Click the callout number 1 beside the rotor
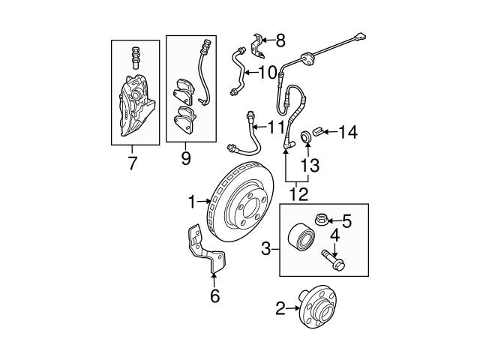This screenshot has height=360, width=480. point(192,201)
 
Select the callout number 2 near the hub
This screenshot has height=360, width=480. point(280,307)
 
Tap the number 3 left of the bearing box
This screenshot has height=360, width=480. point(266,247)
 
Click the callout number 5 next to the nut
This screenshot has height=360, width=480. point(346,220)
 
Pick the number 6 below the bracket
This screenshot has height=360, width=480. point(214,296)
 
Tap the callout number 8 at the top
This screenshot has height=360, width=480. point(280,40)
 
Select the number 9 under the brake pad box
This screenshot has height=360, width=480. point(185,158)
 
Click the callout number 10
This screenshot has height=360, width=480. point(268,73)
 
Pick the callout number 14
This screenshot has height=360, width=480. point(347,133)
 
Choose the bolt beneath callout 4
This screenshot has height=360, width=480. point(331,260)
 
